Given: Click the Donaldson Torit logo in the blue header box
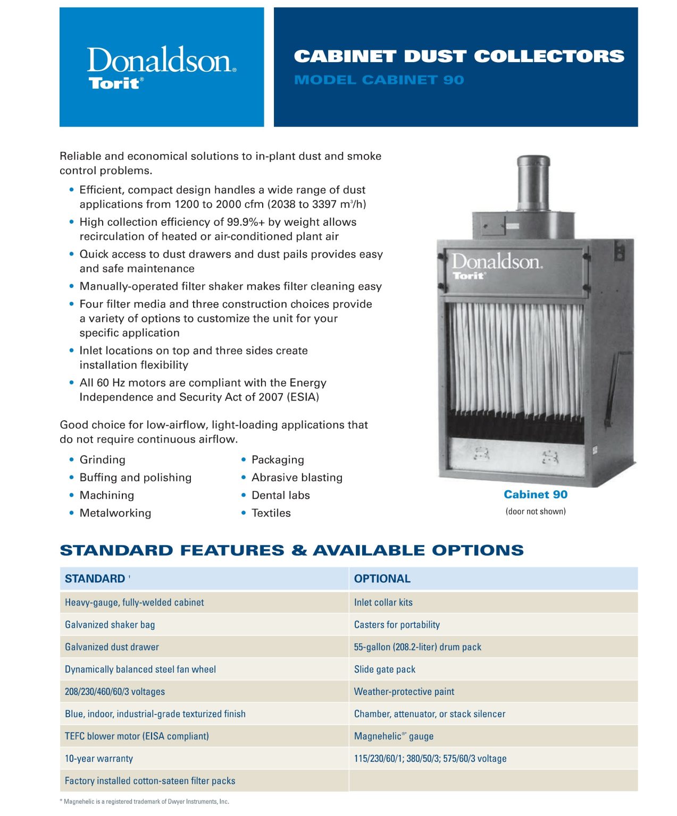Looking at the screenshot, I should pos(161,67).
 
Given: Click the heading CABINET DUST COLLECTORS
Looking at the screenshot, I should pos(459,56).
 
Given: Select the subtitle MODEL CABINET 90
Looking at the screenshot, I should pos(379,80).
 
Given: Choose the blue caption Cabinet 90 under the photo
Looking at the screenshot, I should pos(535,495).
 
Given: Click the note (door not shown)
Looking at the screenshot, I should pos(535,512).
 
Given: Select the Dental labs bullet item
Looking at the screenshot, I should pos(280,495).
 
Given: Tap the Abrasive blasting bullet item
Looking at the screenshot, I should pos(297,478).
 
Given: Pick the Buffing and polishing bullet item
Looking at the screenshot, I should pos(135,478).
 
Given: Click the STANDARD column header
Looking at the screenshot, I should pos(95,579).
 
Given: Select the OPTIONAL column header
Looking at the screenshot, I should pos(382,579).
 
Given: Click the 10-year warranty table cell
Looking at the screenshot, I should pos(99,759).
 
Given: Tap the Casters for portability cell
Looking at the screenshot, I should pos(397,625).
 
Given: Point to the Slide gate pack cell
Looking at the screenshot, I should pos(385,669).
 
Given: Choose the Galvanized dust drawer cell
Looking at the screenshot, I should pos(112,647).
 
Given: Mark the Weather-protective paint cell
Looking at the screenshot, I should pos(404,692).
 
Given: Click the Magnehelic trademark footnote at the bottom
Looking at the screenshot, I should pos(144,802).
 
